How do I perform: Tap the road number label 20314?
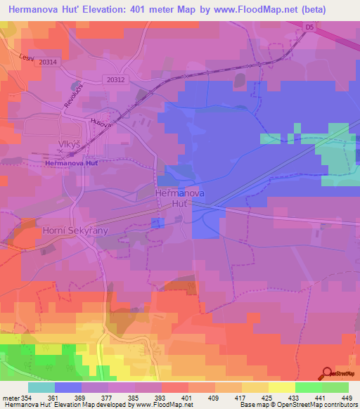tap(49, 63)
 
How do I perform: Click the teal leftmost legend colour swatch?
tap(41, 387)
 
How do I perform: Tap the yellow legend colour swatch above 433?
tap(282, 387)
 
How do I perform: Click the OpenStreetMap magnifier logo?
tap(328, 373)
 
